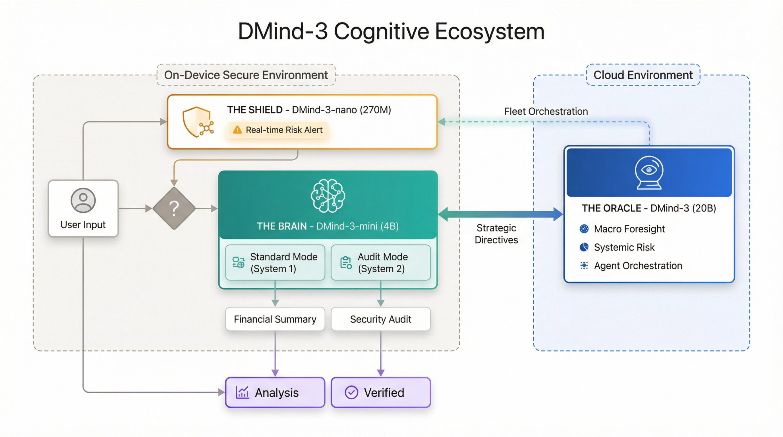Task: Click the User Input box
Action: pos(83,208)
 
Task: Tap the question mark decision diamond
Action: pos(174,208)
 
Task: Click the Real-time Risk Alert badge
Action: pos(278,130)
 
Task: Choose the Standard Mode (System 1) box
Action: pos(275,262)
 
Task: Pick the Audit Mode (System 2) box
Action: pos(381,262)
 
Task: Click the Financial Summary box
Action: pos(275,319)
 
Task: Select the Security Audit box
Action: pos(381,319)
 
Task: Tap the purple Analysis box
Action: pos(275,392)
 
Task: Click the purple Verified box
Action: pos(381,392)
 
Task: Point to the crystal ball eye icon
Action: pos(649,173)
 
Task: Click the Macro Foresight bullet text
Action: pos(629,229)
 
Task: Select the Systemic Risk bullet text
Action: pos(624,247)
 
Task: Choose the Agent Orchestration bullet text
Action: pos(638,266)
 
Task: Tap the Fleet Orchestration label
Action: pos(546,111)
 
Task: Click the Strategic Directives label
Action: pos(496,234)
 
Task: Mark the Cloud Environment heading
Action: pos(643,75)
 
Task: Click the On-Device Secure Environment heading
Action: pos(246,75)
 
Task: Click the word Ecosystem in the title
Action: pos(489,32)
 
